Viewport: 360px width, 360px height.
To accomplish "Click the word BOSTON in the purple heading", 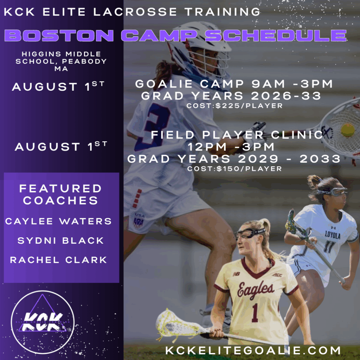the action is tap(59, 36).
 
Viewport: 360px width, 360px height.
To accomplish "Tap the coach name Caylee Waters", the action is tap(58, 221).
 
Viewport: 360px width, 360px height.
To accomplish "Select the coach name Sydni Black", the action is tap(60, 240).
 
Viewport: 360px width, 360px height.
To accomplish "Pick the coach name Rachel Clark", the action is tap(58, 260).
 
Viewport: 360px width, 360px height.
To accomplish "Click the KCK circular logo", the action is tap(43, 322).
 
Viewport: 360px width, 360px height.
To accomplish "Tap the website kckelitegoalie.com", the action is tap(253, 351).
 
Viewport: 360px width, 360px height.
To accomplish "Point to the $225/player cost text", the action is tap(234, 106).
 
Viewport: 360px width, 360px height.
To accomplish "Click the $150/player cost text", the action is tap(234, 169).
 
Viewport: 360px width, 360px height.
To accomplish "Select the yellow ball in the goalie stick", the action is tap(348, 130).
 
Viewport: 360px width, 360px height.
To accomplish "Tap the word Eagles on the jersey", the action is tap(255, 290).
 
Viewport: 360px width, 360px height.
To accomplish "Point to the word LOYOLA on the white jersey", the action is tap(333, 235).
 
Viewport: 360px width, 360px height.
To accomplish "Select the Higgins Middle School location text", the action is tap(61, 61).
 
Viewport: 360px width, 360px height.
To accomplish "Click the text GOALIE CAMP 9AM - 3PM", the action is tap(234, 84).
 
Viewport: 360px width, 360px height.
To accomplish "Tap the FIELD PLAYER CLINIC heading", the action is tap(237, 135).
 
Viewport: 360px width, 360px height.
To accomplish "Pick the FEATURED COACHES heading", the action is tap(60, 194).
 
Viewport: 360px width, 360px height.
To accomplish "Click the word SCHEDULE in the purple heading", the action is tap(276, 36).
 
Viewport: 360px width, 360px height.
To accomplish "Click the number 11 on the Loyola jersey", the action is tap(329, 247).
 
